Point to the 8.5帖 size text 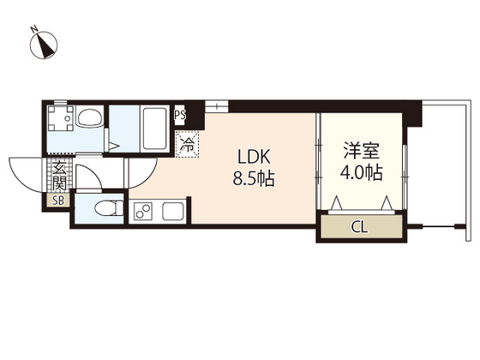[255, 180]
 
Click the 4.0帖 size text [361, 173]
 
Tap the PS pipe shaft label [181, 114]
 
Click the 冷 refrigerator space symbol [186, 144]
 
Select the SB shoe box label [58, 201]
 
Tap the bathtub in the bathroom [155, 127]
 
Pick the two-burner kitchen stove [142, 210]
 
